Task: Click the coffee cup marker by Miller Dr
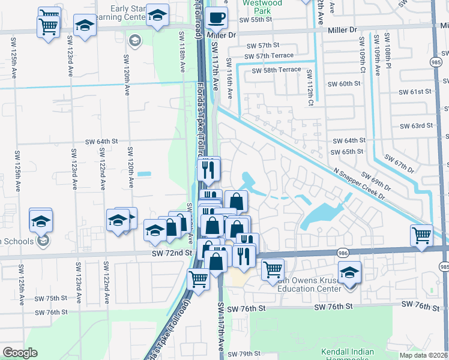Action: [x=216, y=18]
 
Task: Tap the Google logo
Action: [x=20, y=353]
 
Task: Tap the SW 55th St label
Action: [x=255, y=20]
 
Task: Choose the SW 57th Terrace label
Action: [x=269, y=56]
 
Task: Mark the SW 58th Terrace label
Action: [x=276, y=70]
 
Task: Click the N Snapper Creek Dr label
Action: [x=359, y=178]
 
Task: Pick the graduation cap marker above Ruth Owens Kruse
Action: [x=349, y=272]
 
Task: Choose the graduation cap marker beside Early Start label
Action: [x=157, y=16]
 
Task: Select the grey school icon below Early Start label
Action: [x=134, y=40]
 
